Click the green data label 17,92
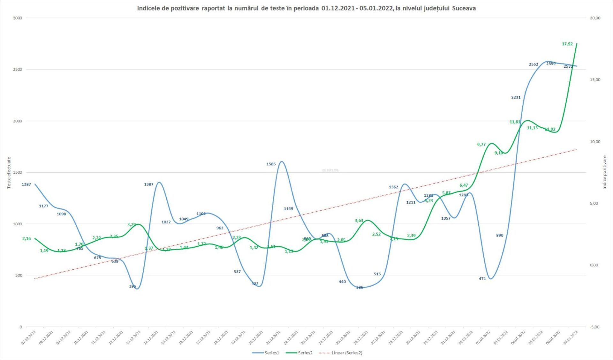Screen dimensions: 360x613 (x=567, y=44)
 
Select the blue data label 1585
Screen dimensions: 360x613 (x=271, y=164)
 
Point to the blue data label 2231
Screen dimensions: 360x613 (x=516, y=97)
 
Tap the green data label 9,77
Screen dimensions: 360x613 (x=481, y=145)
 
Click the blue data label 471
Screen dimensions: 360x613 (x=482, y=279)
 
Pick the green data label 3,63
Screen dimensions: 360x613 (x=359, y=221)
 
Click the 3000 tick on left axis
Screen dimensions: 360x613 (x=18, y=18)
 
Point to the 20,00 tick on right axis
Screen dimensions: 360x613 (x=595, y=18)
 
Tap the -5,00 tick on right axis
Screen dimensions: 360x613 (x=594, y=327)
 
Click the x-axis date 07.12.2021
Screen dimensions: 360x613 (x=29, y=338)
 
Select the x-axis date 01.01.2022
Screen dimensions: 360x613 (x=466, y=338)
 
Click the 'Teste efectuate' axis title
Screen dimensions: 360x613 (x=9, y=172)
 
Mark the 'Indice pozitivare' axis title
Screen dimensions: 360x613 (x=604, y=172)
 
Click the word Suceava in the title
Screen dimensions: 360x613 (x=464, y=8)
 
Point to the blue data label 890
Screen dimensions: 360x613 (x=499, y=236)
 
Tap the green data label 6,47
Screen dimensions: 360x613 (x=464, y=185)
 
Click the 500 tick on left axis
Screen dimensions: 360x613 (x=19, y=275)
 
